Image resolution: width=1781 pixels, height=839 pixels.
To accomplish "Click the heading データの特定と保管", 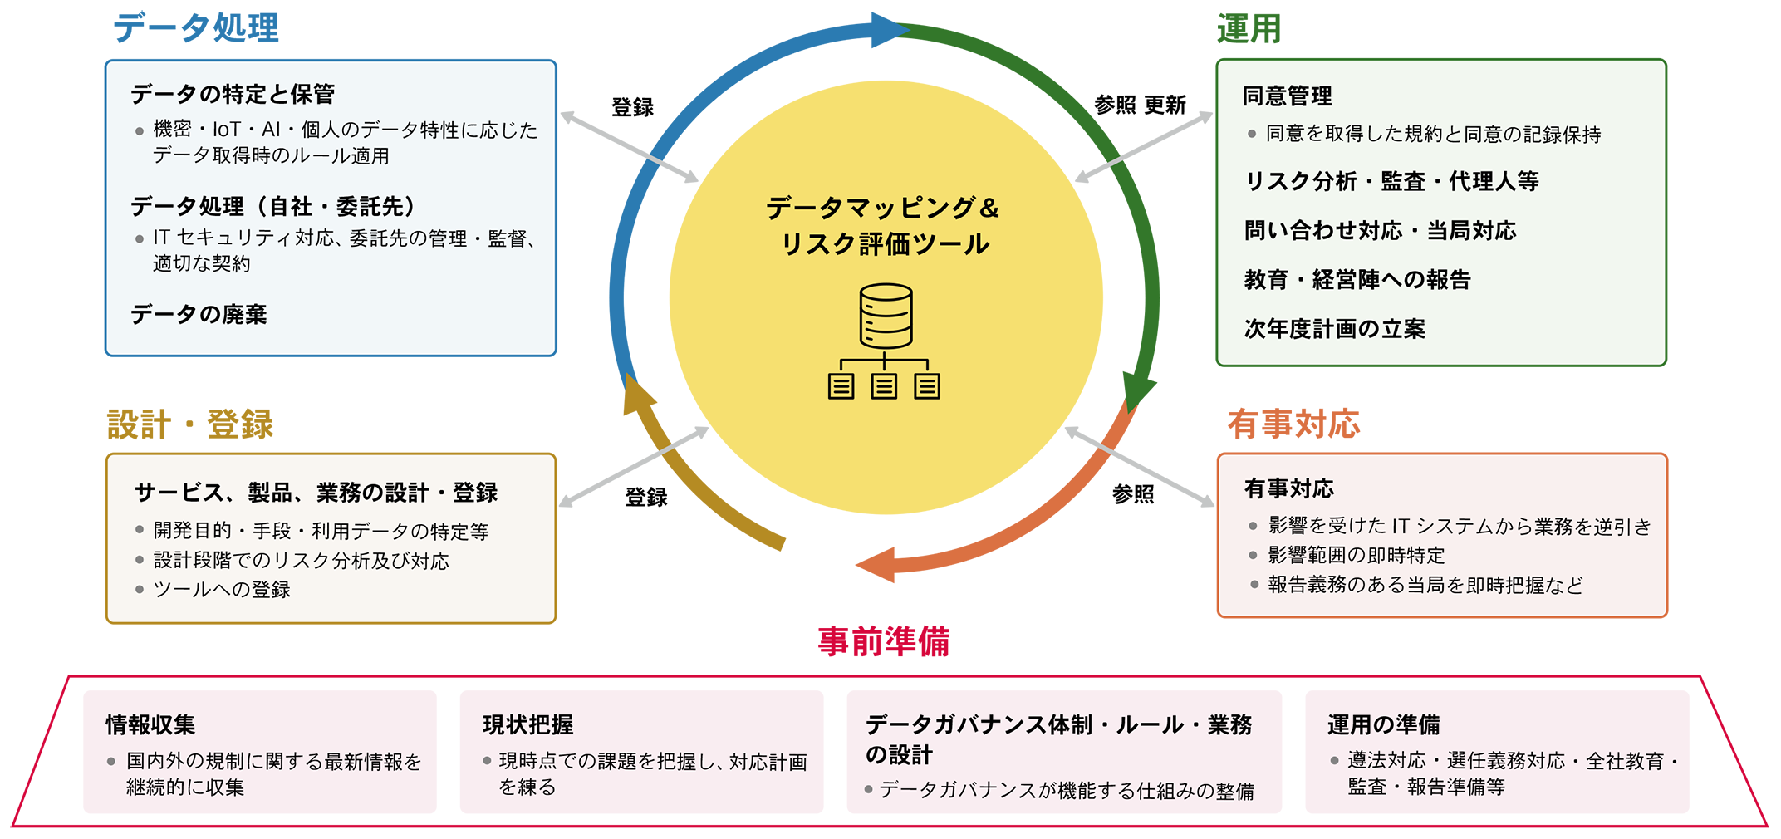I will tap(233, 94).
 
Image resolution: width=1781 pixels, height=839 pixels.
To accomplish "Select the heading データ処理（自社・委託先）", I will tap(273, 206).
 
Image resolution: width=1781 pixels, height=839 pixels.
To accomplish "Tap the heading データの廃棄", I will tap(199, 314).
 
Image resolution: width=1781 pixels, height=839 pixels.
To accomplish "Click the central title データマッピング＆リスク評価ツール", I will tap(884, 225).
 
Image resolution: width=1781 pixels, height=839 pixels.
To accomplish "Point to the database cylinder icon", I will tap(886, 316).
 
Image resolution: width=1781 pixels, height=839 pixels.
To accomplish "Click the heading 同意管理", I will tap(1287, 96).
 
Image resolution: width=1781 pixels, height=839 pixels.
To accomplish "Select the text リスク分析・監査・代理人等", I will tap(1391, 181).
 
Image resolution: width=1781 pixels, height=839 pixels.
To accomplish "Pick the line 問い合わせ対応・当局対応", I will tap(1380, 230).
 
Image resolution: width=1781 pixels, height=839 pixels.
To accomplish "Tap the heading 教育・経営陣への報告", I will tap(1357, 279).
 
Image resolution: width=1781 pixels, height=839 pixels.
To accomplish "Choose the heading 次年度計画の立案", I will tap(1334, 329).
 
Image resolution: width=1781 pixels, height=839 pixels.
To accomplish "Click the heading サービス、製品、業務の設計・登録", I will tap(316, 493).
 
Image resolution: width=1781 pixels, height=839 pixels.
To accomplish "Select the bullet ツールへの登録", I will tap(222, 590).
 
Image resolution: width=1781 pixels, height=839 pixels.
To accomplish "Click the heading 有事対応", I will tap(1288, 488).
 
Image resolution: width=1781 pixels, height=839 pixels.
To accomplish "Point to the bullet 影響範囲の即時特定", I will tap(1356, 555).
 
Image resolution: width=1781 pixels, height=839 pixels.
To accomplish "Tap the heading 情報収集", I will tap(150, 724).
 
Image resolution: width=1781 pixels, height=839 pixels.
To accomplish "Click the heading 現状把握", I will tap(527, 724).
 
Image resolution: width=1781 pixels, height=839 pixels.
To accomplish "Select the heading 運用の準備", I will tap(1383, 724).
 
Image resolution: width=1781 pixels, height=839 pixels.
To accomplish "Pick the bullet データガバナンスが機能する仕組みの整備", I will tap(1067, 791).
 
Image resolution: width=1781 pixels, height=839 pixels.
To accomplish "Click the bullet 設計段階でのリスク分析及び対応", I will tap(301, 561).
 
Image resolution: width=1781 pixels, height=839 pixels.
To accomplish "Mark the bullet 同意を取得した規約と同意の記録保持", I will tap(1433, 135).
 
